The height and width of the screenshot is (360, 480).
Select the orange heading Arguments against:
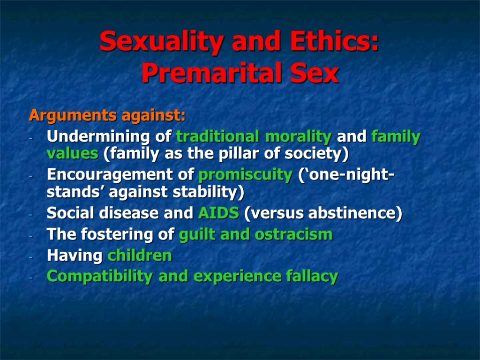[x=107, y=115]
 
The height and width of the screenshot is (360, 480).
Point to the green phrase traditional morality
[x=254, y=137]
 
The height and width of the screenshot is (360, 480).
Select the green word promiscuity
[x=245, y=175]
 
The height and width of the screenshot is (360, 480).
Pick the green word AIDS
[x=218, y=213]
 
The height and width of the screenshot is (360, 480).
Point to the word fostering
[x=125, y=235]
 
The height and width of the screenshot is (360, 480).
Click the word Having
[x=75, y=256]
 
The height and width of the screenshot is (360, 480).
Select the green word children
[x=140, y=256]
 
